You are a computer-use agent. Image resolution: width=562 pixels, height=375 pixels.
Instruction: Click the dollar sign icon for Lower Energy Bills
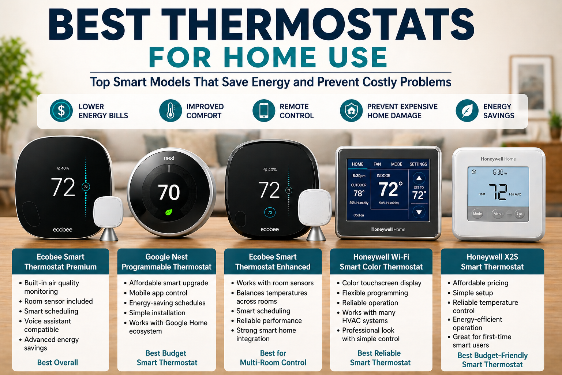61,111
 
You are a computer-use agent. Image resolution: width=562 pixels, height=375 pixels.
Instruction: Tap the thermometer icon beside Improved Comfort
171,111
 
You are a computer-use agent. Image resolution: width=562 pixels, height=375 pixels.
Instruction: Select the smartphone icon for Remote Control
264,111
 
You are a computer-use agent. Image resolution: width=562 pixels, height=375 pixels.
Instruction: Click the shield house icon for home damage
351,111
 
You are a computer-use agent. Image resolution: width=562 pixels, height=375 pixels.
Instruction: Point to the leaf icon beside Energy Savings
467,111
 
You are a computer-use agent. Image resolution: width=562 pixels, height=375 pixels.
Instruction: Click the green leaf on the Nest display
169,212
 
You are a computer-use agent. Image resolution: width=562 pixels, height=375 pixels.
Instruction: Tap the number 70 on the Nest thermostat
169,192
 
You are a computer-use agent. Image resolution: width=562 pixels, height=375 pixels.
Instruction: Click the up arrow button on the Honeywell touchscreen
419,178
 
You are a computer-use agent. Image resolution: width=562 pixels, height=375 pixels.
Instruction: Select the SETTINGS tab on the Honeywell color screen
418,164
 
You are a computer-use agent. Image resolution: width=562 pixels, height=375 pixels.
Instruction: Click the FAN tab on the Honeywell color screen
377,164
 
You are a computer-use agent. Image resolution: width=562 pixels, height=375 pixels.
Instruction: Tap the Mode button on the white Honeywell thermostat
477,214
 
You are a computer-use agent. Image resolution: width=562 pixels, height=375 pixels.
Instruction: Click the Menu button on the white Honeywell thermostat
498,214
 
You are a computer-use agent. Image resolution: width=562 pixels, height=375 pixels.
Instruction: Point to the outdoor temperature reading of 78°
359,193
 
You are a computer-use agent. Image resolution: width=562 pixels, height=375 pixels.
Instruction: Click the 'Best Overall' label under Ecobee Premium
57,363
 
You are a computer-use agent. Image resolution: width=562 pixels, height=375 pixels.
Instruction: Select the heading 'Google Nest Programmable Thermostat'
166,262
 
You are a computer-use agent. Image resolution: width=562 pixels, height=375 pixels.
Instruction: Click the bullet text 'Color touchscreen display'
382,283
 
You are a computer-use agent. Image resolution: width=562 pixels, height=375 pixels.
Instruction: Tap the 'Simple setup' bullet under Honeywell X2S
473,293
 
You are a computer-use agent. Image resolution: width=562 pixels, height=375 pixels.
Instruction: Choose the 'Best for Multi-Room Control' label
273,358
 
